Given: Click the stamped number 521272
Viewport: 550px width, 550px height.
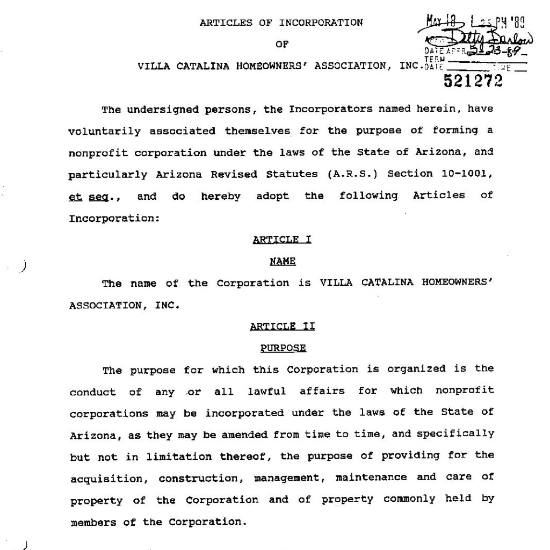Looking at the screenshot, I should click(473, 81).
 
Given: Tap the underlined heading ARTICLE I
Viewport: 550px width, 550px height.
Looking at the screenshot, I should click(282, 240).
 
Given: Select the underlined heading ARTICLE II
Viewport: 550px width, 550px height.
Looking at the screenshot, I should click(283, 326).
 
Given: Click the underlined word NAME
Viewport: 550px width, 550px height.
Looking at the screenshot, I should click(283, 262).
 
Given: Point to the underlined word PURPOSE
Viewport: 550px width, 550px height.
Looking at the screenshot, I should click(283, 348).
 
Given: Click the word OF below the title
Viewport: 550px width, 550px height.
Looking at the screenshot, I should click(282, 45).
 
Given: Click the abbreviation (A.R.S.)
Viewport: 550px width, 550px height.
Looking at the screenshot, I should click(351, 174).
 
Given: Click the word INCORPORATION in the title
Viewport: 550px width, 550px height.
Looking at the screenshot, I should click(321, 23).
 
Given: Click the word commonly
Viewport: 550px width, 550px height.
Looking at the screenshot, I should click(409, 499).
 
